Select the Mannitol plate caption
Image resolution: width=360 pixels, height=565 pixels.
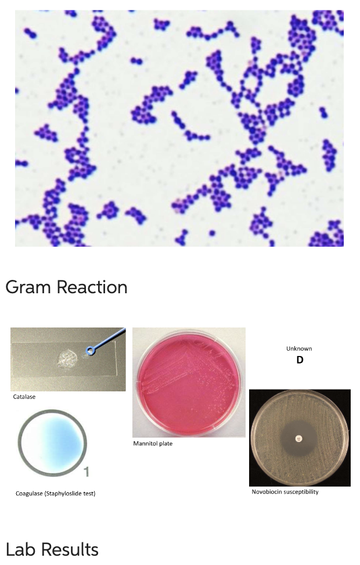153,444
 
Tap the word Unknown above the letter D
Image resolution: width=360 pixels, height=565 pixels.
299,348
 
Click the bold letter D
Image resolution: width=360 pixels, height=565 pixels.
300,360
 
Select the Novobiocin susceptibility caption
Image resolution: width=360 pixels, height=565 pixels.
285,492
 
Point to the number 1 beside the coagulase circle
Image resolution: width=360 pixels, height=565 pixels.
86,472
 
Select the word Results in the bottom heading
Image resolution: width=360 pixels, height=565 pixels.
70,549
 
